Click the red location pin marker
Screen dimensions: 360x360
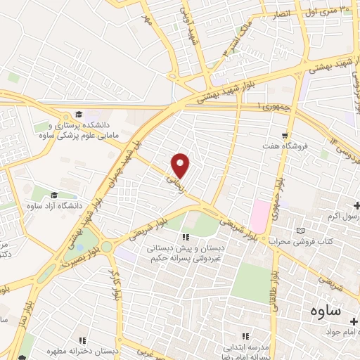coord(181,165)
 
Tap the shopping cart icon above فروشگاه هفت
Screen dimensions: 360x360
coord(285,136)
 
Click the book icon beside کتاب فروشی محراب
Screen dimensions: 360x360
coord(302,231)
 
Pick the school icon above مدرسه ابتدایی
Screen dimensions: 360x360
coord(245,337)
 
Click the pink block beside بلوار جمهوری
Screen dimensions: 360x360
coord(259,216)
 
